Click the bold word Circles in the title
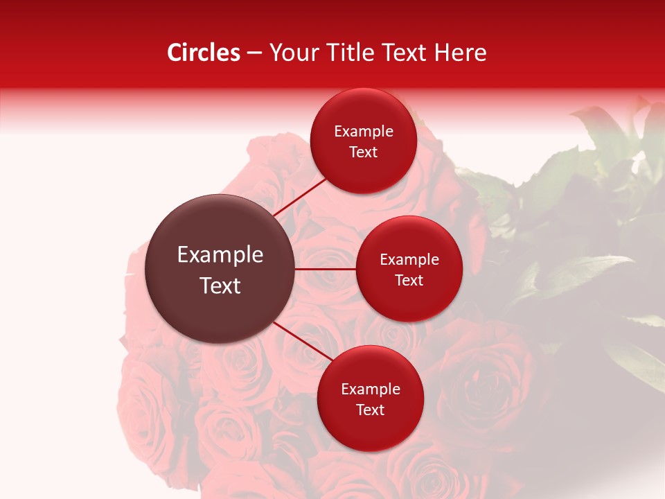pyautogui.click(x=204, y=53)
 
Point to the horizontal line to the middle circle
pyautogui.click(x=326, y=269)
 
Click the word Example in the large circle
pyautogui.click(x=220, y=255)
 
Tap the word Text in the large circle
pyautogui.click(x=220, y=286)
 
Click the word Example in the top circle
pyautogui.click(x=364, y=132)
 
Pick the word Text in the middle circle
pyautogui.click(x=409, y=280)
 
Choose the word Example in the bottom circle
pyautogui.click(x=371, y=389)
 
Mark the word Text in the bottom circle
pyautogui.click(x=370, y=410)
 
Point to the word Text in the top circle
pyautogui.click(x=363, y=152)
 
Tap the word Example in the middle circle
pyautogui.click(x=409, y=260)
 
